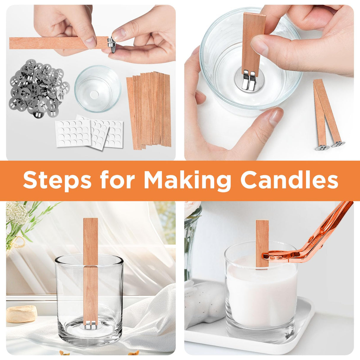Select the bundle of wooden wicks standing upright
coord(150,110)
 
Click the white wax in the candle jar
coord(261,294)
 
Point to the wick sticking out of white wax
coord(262,243)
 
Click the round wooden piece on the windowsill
coord(22,314)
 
